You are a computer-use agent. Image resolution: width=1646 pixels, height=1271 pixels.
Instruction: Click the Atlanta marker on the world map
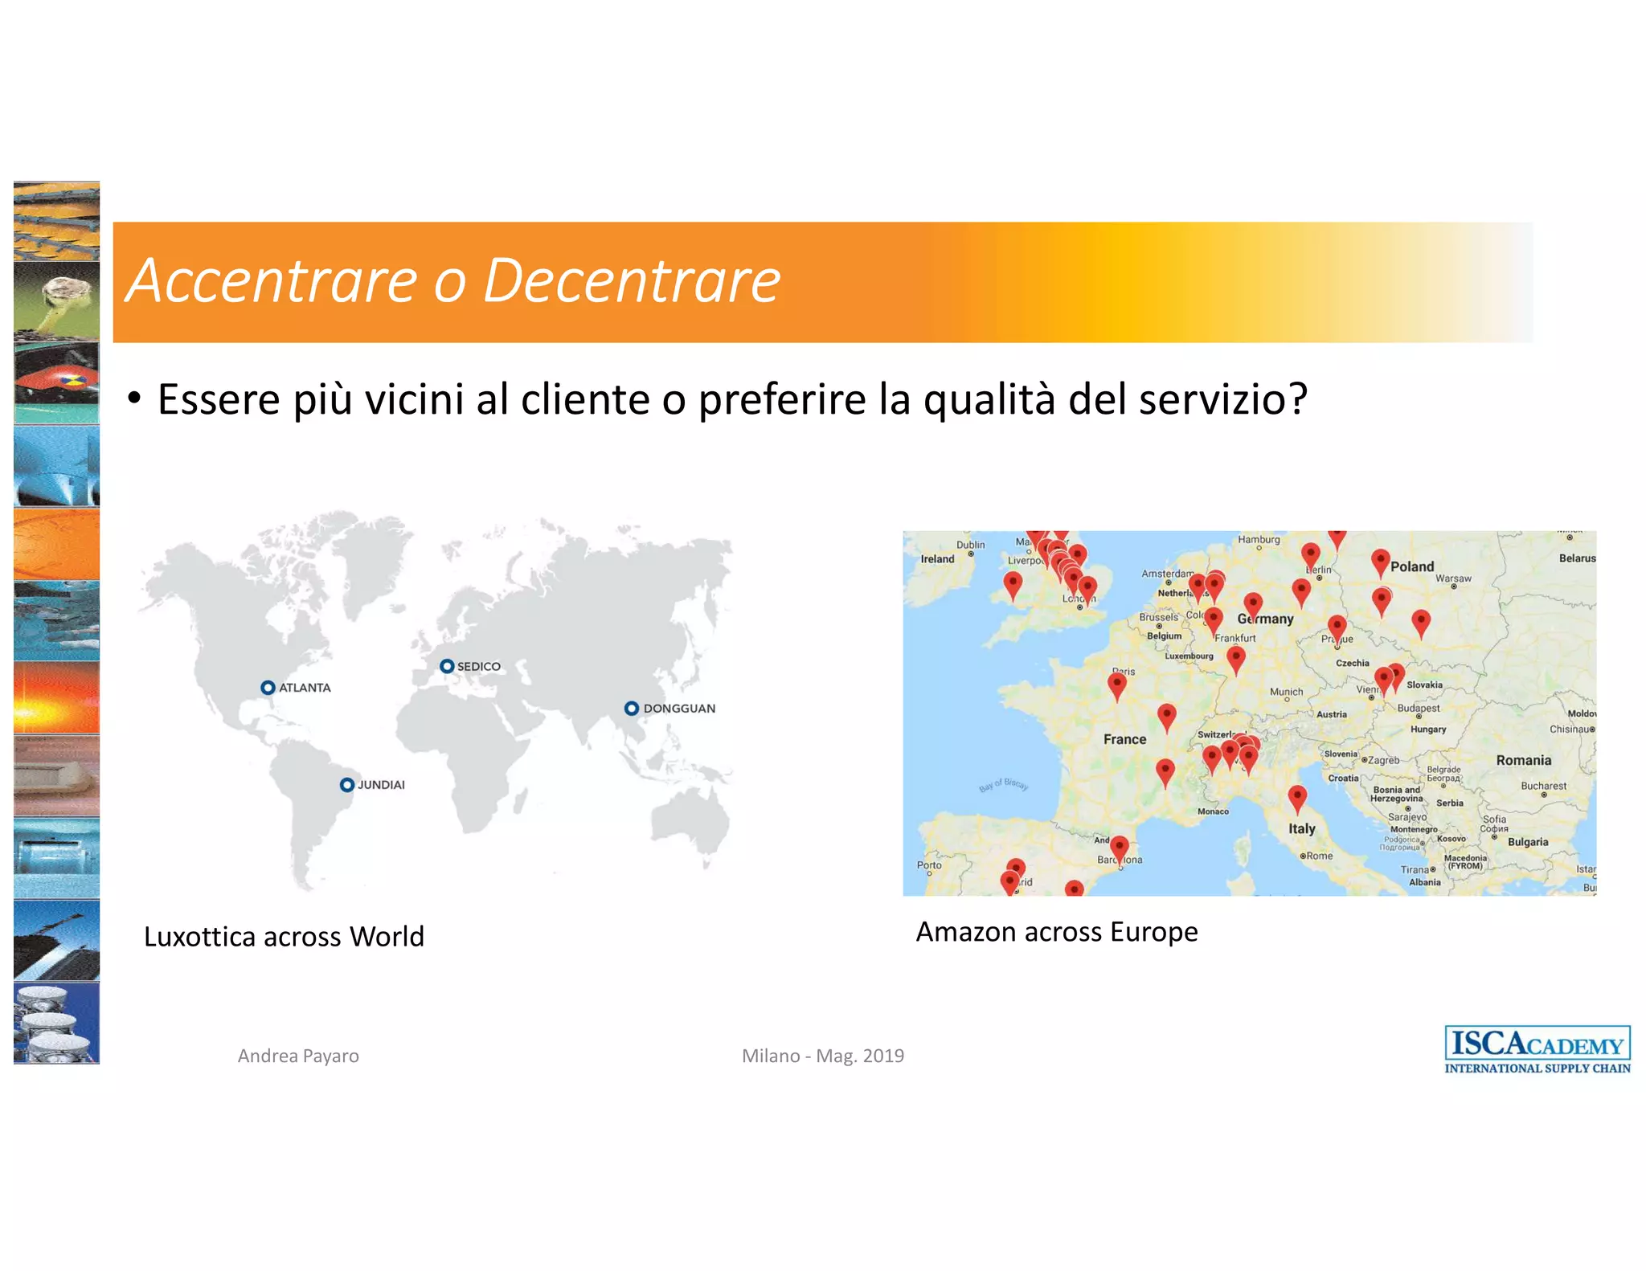click(268, 688)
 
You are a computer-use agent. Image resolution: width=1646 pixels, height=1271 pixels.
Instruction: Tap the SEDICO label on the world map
click(479, 667)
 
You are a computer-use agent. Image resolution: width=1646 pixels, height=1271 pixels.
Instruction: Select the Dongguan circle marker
click(632, 708)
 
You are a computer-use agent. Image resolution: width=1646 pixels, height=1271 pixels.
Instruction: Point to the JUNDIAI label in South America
click(381, 785)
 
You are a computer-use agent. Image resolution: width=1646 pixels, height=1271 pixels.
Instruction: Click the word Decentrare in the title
click(632, 281)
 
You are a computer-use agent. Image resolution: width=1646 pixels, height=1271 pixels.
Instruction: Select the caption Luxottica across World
click(284, 937)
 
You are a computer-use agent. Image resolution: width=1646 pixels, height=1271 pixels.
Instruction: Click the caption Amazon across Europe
click(1056, 932)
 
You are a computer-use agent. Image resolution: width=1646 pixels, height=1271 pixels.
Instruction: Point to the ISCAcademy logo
click(1537, 1049)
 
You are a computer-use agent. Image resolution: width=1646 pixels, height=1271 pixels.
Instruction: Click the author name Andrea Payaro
click(298, 1056)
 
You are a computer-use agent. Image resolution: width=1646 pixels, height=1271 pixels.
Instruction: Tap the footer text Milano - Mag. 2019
click(822, 1056)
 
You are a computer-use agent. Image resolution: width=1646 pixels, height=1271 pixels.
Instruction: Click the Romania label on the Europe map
click(1523, 760)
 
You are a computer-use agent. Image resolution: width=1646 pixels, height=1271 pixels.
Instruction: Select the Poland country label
click(1412, 566)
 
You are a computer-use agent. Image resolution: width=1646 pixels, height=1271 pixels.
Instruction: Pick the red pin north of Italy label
click(1297, 797)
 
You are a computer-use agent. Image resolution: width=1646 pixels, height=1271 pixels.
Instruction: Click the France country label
click(1124, 739)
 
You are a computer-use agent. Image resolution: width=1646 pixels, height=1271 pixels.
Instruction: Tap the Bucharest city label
click(1543, 786)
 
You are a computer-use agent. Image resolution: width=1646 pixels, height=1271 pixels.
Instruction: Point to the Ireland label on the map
click(937, 559)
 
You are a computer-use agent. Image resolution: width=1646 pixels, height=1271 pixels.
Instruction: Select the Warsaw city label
click(1453, 578)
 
